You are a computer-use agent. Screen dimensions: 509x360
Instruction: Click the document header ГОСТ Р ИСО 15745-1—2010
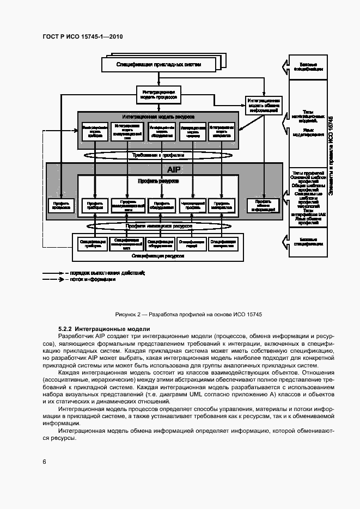pos(82,36)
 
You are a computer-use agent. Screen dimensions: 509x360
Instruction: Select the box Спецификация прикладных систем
pos(158,64)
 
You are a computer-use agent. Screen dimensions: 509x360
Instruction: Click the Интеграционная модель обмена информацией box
pos(264,106)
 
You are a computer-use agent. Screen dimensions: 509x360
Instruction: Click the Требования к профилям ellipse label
pos(158,155)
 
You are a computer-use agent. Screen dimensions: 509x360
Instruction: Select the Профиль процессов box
pos(60,205)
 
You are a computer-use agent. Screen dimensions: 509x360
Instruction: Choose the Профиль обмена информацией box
pos(263,205)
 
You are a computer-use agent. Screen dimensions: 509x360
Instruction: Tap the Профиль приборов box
pos(94,205)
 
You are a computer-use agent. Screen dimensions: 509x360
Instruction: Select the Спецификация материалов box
pos(222,243)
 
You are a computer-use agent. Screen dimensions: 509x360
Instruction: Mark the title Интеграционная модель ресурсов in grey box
pos(158,117)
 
